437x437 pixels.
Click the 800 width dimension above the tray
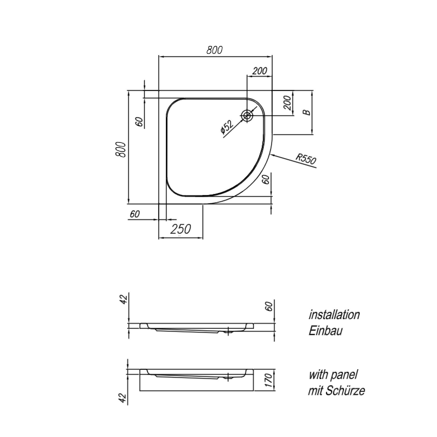coord(215,50)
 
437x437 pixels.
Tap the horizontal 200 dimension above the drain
coord(260,71)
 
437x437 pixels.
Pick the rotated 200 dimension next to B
coord(288,103)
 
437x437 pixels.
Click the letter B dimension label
coord(307,112)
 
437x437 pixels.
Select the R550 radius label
coord(306,159)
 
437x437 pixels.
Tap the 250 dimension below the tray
coord(181,229)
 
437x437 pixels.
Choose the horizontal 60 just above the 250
coord(135,214)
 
